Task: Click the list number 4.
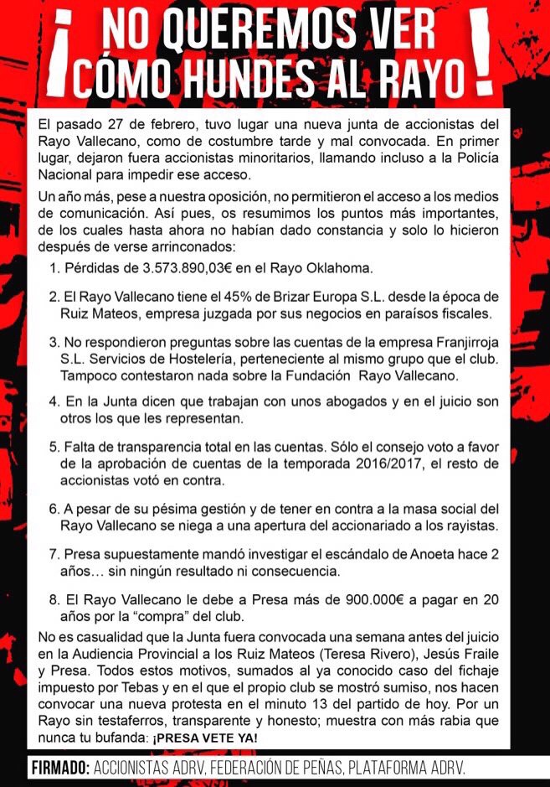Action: coord(54,402)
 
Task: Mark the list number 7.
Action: coord(54,555)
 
